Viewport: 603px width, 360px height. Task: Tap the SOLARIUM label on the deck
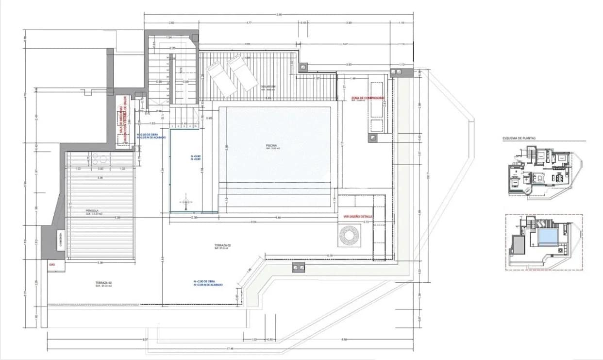point(268,86)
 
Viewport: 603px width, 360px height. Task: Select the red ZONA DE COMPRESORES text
point(368,98)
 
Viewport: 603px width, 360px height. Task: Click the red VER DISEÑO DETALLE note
point(358,216)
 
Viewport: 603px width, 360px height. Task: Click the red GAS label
point(51,265)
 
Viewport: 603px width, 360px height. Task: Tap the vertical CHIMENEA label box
point(60,240)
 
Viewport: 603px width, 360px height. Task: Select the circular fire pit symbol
point(349,236)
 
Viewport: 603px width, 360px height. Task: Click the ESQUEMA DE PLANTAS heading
point(520,138)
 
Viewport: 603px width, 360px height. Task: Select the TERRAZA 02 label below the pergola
point(103,284)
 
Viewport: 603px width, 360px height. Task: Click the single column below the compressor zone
point(372,137)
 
